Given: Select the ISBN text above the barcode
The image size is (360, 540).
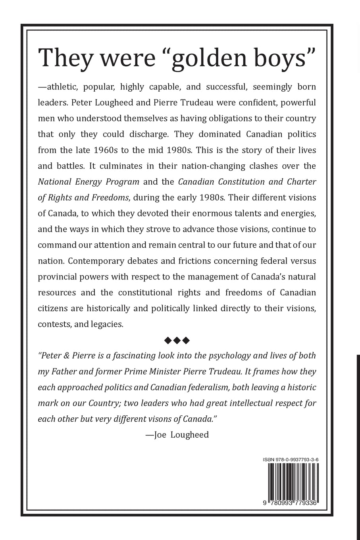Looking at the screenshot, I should pyautogui.click(x=291, y=459).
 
